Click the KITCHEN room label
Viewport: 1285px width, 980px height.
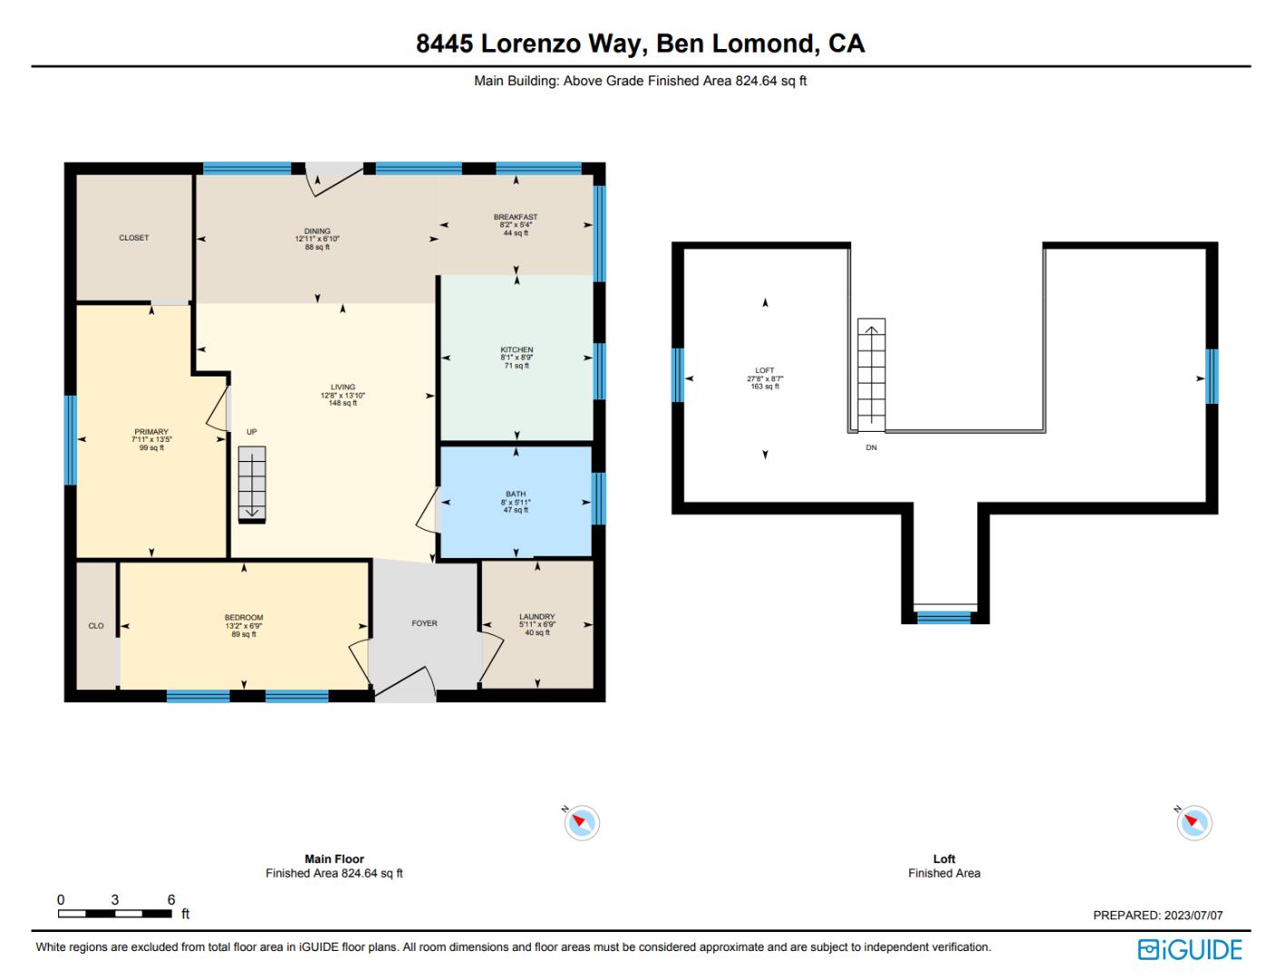[x=516, y=350]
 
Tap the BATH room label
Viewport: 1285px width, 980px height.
[x=515, y=495]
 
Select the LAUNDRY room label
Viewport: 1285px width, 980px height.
[x=537, y=617]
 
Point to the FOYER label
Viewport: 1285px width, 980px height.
[x=425, y=623]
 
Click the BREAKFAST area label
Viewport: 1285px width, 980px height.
[x=515, y=218]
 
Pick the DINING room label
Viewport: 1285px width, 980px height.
[x=317, y=231]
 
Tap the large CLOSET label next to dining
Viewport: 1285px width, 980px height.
[x=133, y=238]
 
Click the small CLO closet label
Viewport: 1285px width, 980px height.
[x=96, y=626]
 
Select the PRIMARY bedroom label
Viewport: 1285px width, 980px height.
[x=152, y=432]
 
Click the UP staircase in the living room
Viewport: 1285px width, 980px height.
[x=252, y=485]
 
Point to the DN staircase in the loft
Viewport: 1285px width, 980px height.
[x=871, y=375]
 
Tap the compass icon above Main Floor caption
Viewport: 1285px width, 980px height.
[x=582, y=823]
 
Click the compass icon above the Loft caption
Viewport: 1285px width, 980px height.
[x=1194, y=823]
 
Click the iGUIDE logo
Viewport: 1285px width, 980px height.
[x=1190, y=950]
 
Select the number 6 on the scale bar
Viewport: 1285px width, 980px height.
[x=171, y=900]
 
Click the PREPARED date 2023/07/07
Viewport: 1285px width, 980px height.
[x=1192, y=916]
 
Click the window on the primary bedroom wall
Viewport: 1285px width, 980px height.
[x=70, y=440]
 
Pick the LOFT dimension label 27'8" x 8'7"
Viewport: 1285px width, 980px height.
[x=765, y=379]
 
